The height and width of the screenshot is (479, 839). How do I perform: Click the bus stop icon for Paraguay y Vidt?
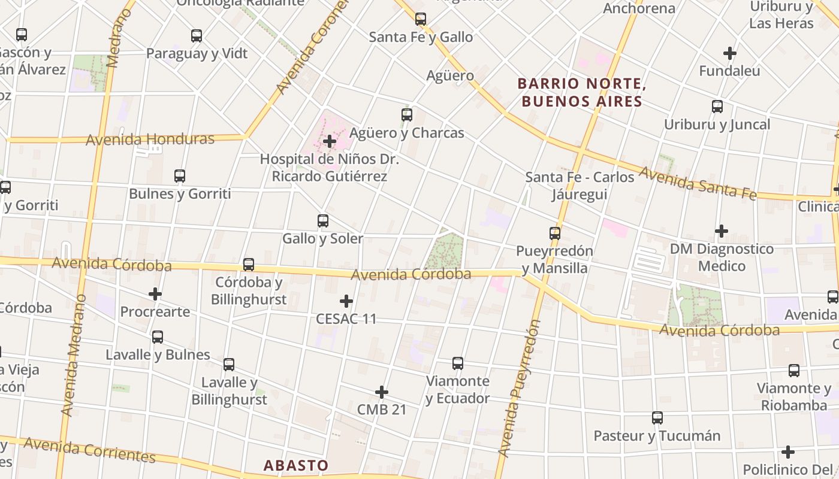pos(197,36)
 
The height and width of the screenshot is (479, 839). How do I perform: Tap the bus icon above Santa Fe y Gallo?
pos(421,19)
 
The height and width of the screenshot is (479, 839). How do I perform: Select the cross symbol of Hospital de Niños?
pos(330,141)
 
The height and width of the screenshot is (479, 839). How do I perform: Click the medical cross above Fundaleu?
pos(729,53)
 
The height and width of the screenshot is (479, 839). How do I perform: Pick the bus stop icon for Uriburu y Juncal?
pos(717,107)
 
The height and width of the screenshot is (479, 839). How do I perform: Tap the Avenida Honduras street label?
pos(150,140)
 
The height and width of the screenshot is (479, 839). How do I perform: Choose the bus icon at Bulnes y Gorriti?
pos(180,176)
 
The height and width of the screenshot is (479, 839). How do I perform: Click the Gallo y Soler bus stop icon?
pos(323,221)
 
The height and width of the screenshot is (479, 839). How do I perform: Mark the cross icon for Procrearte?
pos(155,294)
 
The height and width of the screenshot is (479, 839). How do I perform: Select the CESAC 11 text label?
pos(346,319)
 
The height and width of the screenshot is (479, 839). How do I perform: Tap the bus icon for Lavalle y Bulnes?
pos(158,337)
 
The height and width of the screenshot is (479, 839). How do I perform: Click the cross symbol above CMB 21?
pos(382,392)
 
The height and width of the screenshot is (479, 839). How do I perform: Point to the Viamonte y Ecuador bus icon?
pos(458,363)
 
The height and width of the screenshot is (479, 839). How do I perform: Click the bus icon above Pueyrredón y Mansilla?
pos(555,234)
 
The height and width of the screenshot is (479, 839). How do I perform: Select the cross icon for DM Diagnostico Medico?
pos(722,231)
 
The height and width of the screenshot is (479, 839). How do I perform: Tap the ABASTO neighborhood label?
pos(296,465)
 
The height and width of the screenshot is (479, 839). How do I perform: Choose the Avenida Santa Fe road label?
pos(698,183)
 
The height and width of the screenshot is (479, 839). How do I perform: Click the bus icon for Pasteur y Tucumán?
pos(657,418)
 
